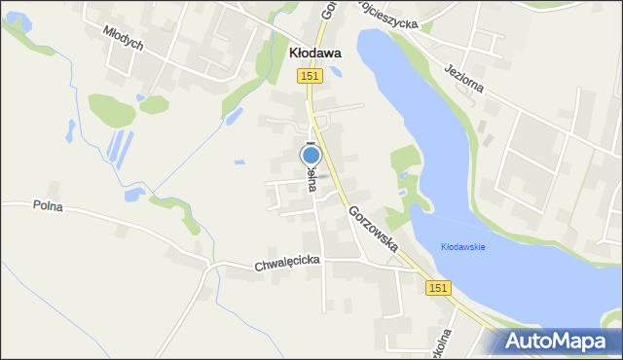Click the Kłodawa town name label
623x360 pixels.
pos(315,54)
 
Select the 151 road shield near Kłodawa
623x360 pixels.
pos(311,76)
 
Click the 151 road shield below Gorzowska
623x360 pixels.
pos(438,287)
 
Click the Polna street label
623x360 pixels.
pos(48,206)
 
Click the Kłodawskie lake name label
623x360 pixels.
pos(462,246)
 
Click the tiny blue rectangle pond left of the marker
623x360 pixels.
pos(239,162)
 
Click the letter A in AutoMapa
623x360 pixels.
pos(517,342)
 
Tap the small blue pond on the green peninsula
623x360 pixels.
pos(402,176)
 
